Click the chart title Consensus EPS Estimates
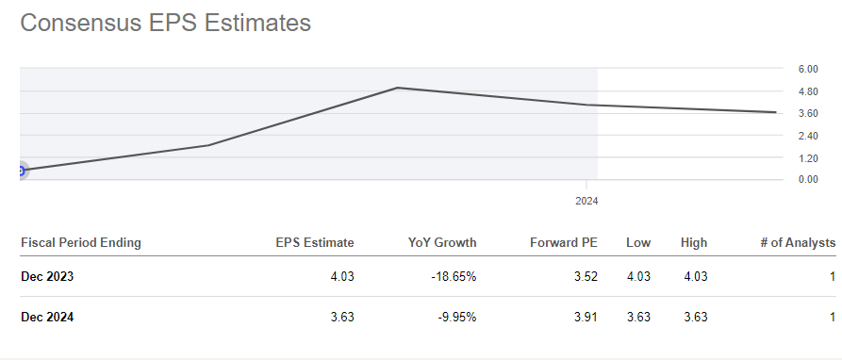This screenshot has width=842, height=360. pyautogui.click(x=165, y=24)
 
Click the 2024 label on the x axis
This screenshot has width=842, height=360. pyautogui.click(x=586, y=201)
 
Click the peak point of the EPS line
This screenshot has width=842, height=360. pyautogui.click(x=398, y=88)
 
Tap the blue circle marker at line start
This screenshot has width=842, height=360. pyautogui.click(x=21, y=171)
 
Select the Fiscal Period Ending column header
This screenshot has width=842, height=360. pyautogui.click(x=80, y=243)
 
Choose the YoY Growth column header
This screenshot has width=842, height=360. pyautogui.click(x=442, y=243)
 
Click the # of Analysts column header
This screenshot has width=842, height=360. pyautogui.click(x=798, y=243)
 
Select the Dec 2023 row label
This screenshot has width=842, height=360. pyautogui.click(x=47, y=276)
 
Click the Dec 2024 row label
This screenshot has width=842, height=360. pyautogui.click(x=47, y=318)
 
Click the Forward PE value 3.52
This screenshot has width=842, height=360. pyautogui.click(x=586, y=276)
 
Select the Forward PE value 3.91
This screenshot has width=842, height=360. pyautogui.click(x=586, y=318)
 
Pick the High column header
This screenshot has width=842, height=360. pyautogui.click(x=693, y=243)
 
